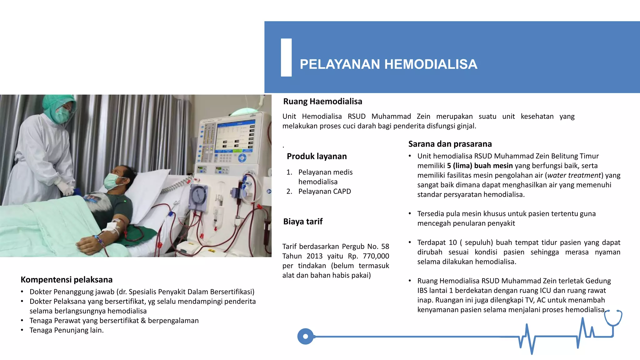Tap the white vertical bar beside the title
click(286, 57)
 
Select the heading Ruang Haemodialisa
click(322, 102)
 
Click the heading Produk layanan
click(317, 156)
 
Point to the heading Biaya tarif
click(303, 222)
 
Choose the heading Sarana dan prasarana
click(450, 144)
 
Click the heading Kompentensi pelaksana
click(67, 280)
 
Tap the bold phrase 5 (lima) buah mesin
click(480, 166)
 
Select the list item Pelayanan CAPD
click(324, 191)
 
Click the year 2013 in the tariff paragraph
click(314, 256)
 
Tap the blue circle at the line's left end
click(305, 337)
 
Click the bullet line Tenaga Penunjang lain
click(66, 330)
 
